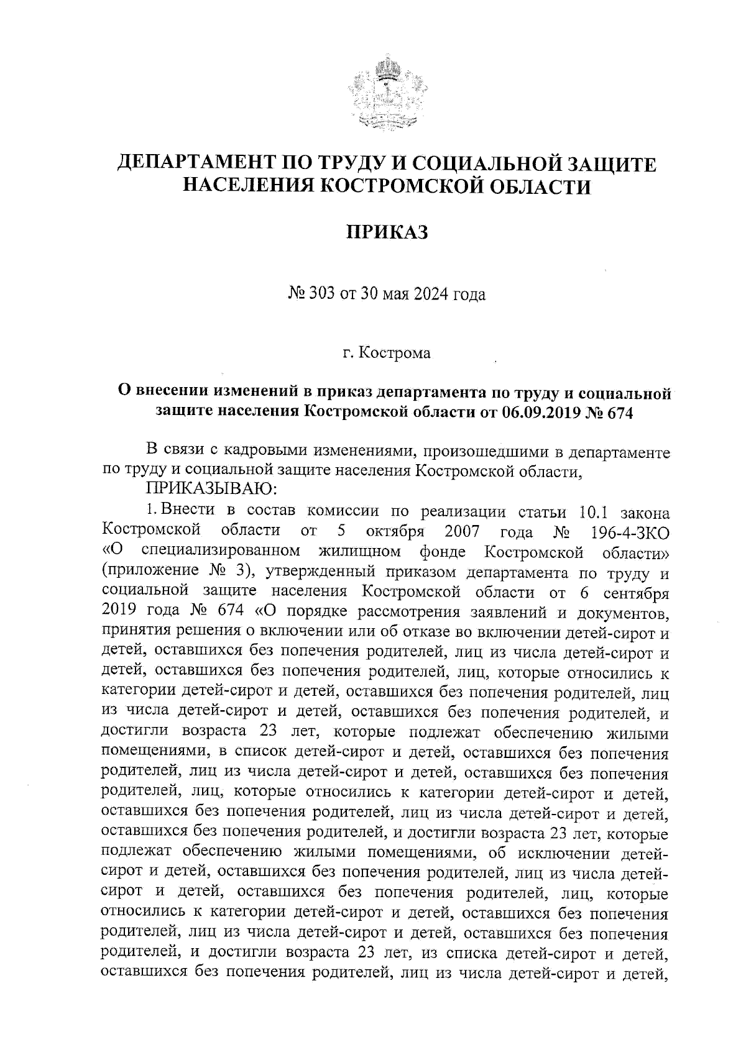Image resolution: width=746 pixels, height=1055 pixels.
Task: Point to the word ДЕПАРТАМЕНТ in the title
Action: (198, 164)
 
